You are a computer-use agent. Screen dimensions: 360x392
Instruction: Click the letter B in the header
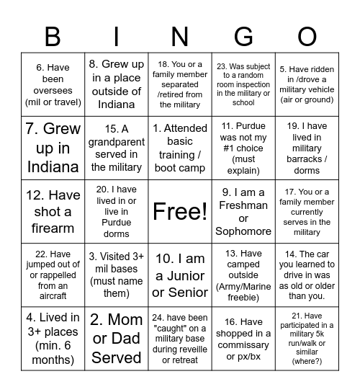click(53, 37)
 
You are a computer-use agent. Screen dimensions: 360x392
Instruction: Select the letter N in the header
click(180, 37)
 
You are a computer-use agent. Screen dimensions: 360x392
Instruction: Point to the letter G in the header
click(244, 37)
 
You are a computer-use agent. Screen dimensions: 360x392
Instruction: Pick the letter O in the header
click(307, 37)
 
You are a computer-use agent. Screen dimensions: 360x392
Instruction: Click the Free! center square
click(180, 212)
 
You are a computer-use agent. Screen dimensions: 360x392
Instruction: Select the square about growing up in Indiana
click(53, 148)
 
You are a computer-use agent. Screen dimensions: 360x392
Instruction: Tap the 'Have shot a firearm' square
click(53, 212)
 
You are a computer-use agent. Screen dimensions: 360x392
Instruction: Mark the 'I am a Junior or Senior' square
click(180, 275)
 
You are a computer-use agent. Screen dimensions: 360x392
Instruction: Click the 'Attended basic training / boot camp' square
click(180, 148)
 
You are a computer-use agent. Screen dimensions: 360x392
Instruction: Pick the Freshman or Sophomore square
click(244, 212)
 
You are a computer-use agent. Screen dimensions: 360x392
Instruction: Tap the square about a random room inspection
click(244, 84)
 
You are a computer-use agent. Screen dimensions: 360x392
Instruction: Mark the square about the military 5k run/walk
click(307, 339)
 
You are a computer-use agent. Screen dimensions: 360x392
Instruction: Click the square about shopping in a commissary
click(244, 339)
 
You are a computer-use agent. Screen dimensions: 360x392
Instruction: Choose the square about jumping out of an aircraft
click(53, 275)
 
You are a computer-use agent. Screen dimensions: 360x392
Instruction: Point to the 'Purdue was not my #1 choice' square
click(244, 148)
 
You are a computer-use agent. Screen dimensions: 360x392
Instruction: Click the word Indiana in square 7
click(53, 166)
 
